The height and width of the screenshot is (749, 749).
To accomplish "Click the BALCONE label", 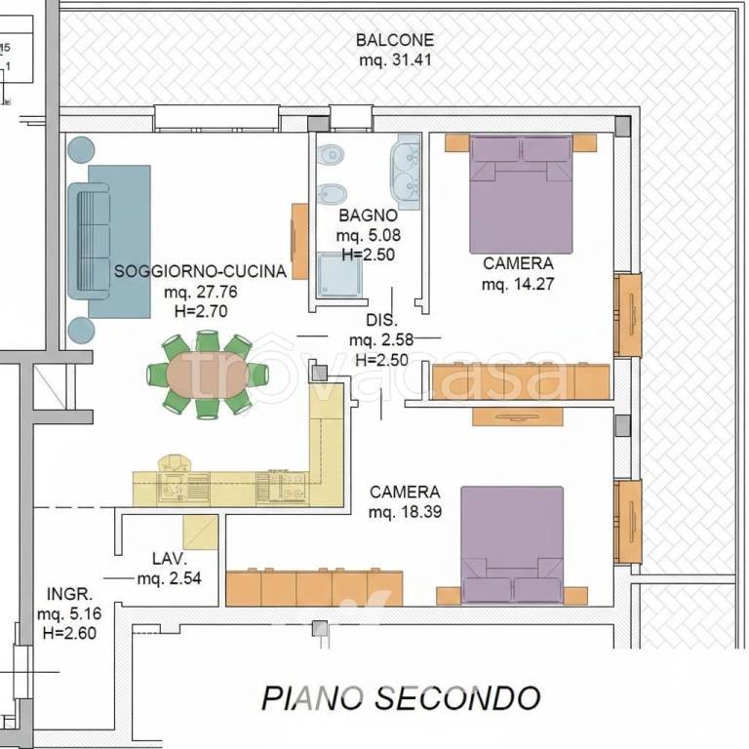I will [x=394, y=40].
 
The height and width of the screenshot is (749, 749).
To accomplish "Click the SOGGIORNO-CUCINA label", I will [x=200, y=272].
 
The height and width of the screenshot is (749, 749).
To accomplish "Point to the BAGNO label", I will [x=368, y=216].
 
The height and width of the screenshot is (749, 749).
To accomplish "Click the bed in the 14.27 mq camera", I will [x=520, y=195].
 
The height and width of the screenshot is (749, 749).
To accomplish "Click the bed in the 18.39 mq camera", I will [x=512, y=544].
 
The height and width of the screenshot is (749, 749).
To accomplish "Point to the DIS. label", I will [x=379, y=320].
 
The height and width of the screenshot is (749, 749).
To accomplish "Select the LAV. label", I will [x=169, y=559].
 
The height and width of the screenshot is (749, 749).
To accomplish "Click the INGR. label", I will [x=69, y=593].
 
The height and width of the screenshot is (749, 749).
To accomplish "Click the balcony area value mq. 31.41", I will [x=394, y=59].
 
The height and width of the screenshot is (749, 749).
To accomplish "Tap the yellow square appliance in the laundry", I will [x=201, y=532].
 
